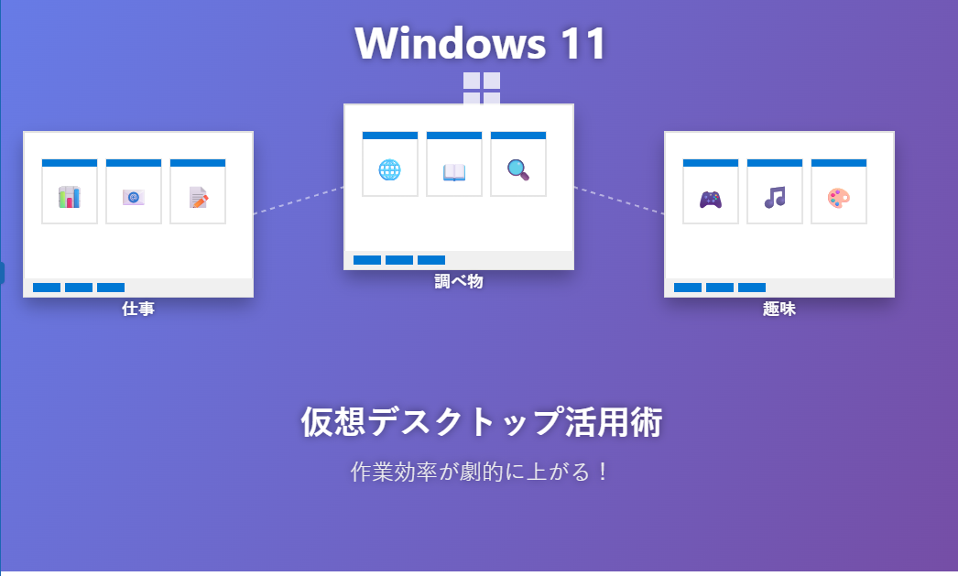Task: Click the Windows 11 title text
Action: coord(481,42)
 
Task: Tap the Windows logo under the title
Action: coord(482,89)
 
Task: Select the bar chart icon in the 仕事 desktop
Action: coord(70,197)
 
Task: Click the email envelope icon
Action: coord(134,197)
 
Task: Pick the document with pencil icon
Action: coord(198,197)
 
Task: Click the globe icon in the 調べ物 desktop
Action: coord(390,169)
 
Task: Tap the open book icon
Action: coord(454,170)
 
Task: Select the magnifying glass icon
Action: coord(518,169)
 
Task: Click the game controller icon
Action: coord(711,198)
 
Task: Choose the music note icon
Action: coord(775,197)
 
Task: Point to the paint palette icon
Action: coord(839,197)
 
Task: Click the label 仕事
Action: coord(138,309)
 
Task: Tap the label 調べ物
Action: coord(459,281)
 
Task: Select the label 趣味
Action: coord(779,309)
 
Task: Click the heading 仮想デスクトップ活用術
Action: coord(481,422)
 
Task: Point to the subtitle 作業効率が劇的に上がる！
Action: coord(481,473)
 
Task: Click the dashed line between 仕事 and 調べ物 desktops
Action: coord(299,201)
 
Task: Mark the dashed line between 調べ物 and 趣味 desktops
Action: coord(619,201)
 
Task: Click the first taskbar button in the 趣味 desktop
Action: coord(688,288)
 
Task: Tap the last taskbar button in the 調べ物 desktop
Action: coord(431,260)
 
